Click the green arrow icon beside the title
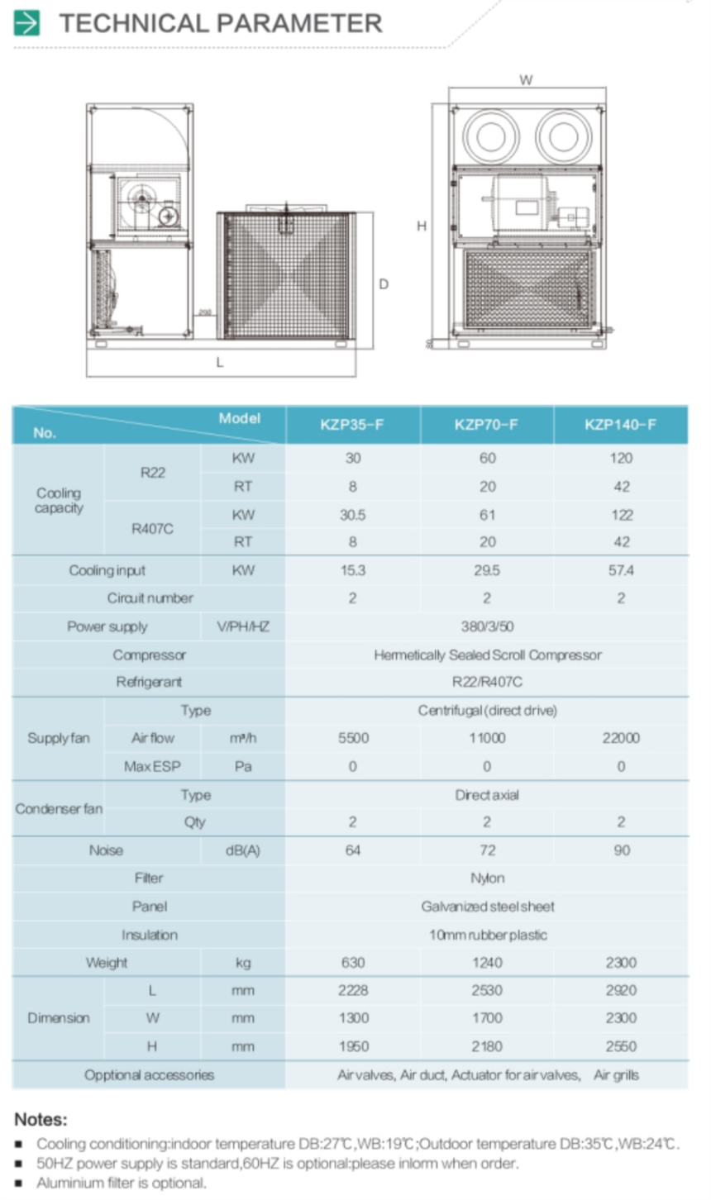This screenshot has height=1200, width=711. pos(26,23)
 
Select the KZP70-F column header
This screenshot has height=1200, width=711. pos(486,425)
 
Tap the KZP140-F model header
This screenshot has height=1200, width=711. pos(620,425)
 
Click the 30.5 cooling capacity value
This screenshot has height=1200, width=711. pos(352,515)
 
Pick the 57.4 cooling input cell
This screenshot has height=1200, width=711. pos(620,570)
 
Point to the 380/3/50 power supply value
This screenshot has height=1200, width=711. pos(487,626)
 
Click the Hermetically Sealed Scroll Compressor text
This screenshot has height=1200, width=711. pos(487,655)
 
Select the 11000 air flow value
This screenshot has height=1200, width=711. pos(487,738)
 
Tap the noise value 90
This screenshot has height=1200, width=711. pos(621,850)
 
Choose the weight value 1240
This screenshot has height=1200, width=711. pos(487,963)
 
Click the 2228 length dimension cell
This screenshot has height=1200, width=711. pos(353,990)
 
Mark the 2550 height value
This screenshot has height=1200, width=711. pos(621,1046)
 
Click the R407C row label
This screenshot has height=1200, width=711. pos(152,528)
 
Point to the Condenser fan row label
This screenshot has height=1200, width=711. pos(59,808)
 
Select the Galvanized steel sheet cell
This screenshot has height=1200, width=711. pos(487,907)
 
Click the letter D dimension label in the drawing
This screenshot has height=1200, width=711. pos(384,284)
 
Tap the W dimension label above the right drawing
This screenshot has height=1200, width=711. pos(526,80)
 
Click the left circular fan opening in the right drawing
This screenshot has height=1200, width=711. pos(490,136)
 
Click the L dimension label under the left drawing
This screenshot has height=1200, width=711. pos(220,362)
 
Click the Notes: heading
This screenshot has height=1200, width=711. pos(41,1120)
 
